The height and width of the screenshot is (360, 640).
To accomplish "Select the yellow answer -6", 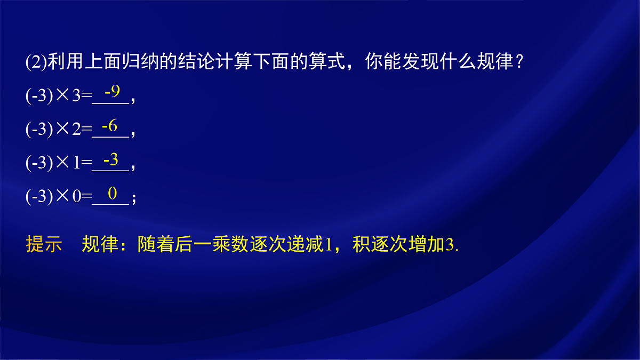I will (109, 126).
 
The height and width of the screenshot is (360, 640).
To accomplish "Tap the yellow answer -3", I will (110, 159).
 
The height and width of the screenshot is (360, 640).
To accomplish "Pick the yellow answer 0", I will (112, 193).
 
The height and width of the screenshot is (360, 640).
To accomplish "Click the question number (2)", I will (36, 63).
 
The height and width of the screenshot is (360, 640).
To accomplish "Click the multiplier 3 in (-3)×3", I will (76, 97).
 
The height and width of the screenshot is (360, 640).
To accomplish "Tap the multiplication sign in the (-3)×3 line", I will (63, 97).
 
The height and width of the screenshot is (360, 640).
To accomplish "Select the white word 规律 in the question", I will (483, 63).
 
